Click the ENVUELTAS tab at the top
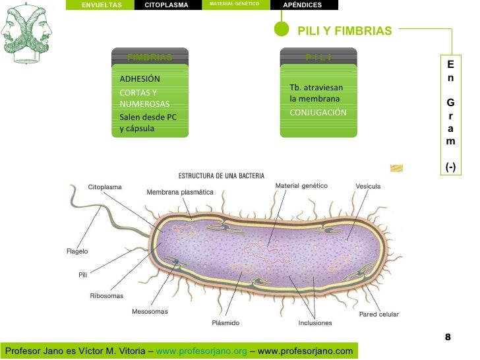click(102, 5)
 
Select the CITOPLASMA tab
click(166, 5)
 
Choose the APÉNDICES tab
click(302, 5)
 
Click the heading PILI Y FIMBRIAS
click(345, 31)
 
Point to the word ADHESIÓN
click(140, 79)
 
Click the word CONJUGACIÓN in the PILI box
click(318, 113)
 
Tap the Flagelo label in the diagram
click(77, 251)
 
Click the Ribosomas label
click(107, 296)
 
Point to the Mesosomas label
click(150, 311)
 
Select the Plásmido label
click(225, 323)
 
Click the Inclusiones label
click(315, 323)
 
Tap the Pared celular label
click(378, 315)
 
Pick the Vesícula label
click(368, 187)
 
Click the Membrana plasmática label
click(180, 192)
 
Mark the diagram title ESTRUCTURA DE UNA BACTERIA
click(222, 176)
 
